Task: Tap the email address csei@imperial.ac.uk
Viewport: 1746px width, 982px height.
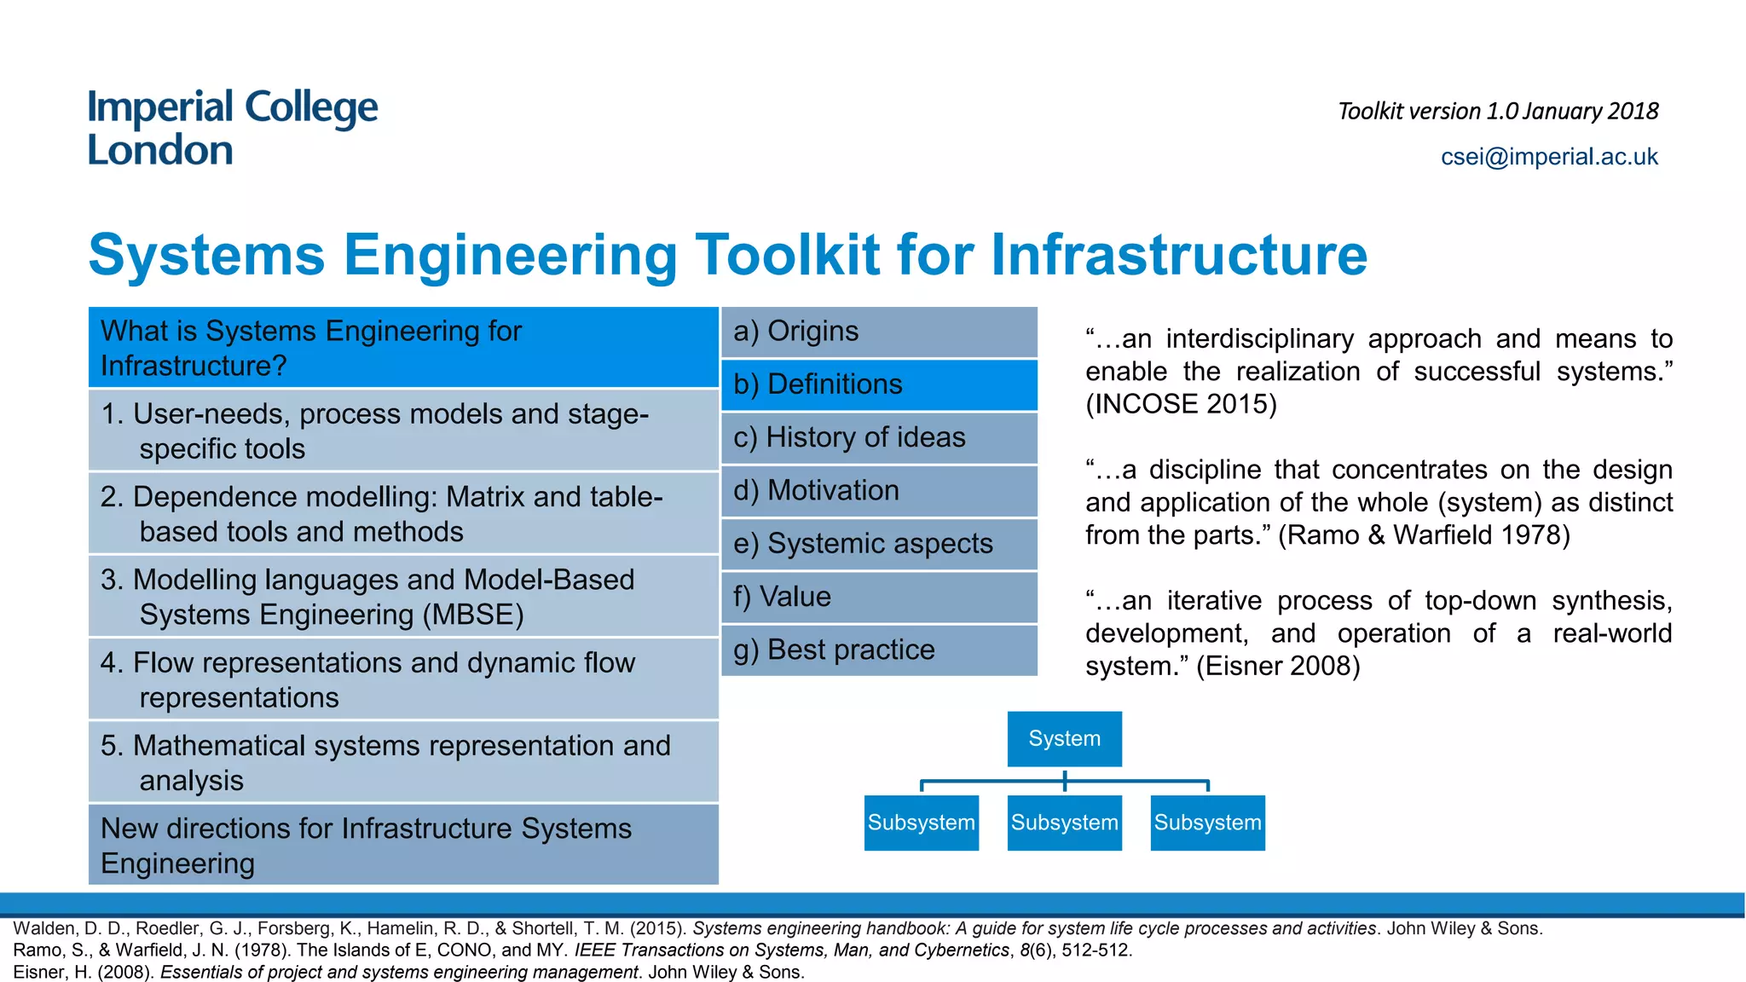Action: pos(1548,157)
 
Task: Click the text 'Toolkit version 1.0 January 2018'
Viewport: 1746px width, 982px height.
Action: pos(1497,112)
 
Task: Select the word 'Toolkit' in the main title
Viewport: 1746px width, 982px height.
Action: pos(787,255)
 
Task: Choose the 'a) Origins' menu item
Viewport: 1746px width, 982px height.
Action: pos(879,332)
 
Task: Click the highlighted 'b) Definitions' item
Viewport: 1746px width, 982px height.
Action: pos(879,384)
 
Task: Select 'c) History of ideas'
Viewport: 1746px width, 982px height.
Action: pos(879,438)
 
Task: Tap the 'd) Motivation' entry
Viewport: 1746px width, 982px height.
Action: pos(879,491)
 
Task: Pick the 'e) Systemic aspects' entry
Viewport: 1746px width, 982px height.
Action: pos(879,544)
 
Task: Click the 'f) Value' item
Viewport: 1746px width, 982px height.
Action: pos(879,597)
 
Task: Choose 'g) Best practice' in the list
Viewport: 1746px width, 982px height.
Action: pos(879,650)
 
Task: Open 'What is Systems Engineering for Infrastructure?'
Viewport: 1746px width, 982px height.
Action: pos(402,348)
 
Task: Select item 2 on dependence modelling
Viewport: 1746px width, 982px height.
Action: pos(402,514)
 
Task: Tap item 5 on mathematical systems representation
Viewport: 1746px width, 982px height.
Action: pos(402,762)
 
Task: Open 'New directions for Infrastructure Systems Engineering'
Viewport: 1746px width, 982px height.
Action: pos(402,845)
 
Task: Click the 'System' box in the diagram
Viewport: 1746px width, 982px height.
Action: pos(1064,738)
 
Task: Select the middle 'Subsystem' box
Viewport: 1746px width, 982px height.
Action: pos(1064,823)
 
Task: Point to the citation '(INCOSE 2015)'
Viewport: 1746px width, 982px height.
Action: pos(1181,404)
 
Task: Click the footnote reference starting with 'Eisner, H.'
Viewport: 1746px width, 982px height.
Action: pos(408,972)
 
